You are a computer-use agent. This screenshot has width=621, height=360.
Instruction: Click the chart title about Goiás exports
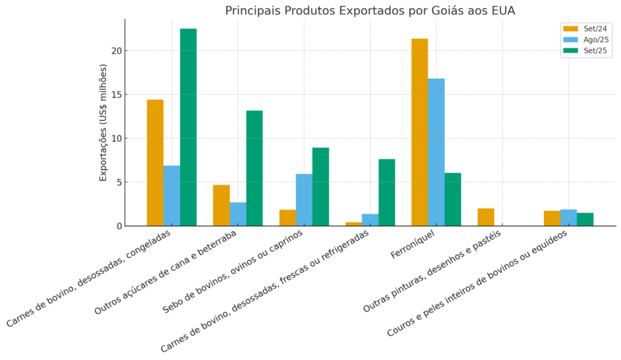pyautogui.click(x=370, y=11)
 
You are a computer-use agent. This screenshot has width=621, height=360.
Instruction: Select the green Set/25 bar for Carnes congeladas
pyautogui.click(x=188, y=127)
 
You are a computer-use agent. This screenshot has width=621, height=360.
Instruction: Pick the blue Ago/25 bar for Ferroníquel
pyautogui.click(x=436, y=152)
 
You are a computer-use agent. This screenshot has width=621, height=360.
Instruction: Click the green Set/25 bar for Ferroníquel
pyautogui.click(x=452, y=199)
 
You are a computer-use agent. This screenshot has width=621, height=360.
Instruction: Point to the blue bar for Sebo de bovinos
pyautogui.click(x=304, y=200)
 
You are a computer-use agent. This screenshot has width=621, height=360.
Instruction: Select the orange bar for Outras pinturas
pyautogui.click(x=486, y=217)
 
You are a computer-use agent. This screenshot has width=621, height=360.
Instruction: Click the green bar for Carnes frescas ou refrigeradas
pyautogui.click(x=386, y=193)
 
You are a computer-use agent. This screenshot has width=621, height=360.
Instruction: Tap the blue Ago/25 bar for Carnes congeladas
pyautogui.click(x=172, y=196)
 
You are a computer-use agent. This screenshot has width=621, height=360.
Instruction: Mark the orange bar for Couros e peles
pyautogui.click(x=552, y=218)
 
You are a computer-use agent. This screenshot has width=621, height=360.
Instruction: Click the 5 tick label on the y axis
pyautogui.click(x=119, y=182)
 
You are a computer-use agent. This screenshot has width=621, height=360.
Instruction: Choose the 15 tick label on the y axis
pyautogui.click(x=116, y=95)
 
